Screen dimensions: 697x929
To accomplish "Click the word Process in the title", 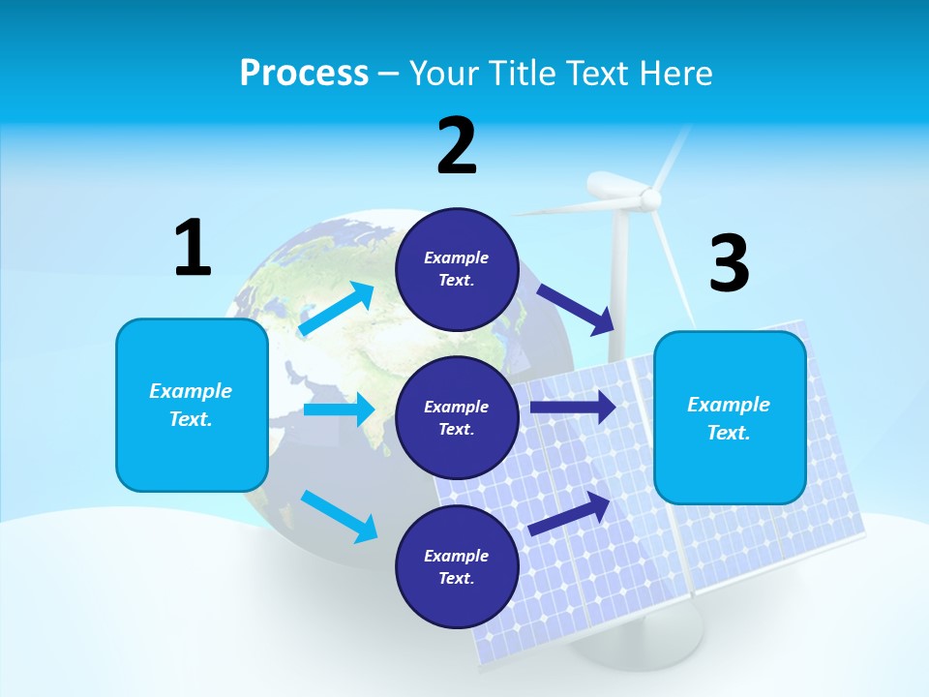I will (304, 73).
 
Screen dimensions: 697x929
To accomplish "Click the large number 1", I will (193, 248).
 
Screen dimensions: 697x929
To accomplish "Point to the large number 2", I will (457, 146).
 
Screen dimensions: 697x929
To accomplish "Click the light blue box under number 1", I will (192, 405).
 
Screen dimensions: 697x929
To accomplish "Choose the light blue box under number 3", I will (730, 417).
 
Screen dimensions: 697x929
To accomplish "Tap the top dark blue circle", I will (458, 269).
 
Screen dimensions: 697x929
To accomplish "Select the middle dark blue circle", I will (458, 417).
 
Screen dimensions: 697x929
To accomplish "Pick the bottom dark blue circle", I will (458, 566).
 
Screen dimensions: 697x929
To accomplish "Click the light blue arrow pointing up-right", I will (337, 309).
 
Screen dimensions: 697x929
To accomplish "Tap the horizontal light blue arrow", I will (339, 409).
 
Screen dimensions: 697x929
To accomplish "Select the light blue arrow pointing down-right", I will (340, 515).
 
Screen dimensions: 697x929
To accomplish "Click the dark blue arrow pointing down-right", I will (575, 309).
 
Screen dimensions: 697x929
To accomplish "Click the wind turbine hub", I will (650, 199).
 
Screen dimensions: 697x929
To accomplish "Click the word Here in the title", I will (677, 73).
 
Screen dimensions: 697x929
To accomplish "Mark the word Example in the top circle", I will (457, 258).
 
